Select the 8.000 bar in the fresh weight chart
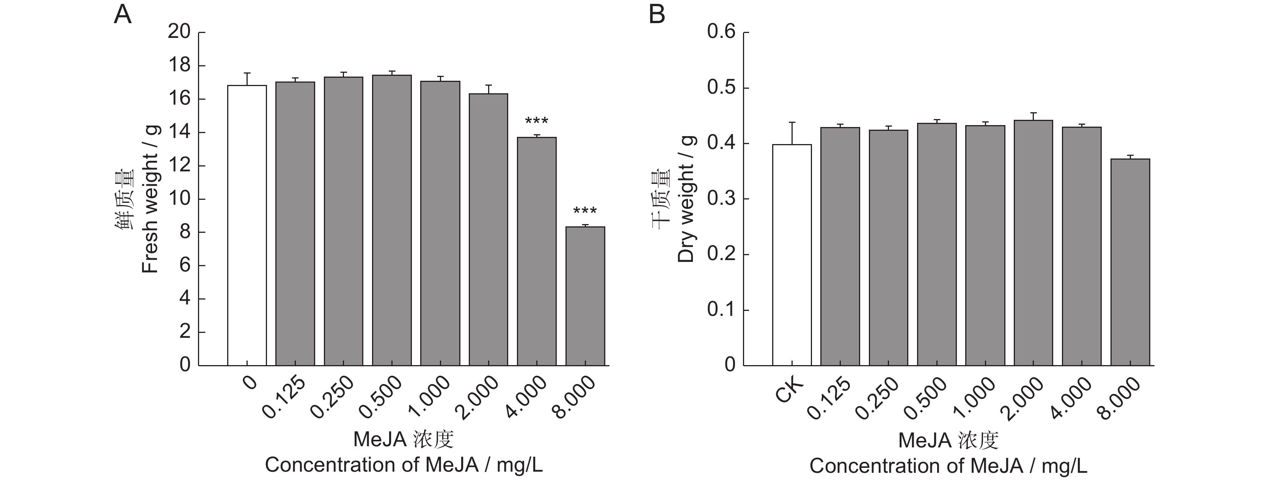coord(585,296)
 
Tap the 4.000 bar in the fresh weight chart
coord(537,251)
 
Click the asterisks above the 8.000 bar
coord(585,212)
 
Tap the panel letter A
coord(123,15)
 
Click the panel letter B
coord(656,15)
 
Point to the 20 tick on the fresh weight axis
coord(179,32)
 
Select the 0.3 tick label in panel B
coord(721,199)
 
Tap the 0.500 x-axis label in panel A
coord(380,398)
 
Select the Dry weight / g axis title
coord(686,199)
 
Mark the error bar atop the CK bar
coord(792,133)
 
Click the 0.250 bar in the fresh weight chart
coord(343,221)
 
